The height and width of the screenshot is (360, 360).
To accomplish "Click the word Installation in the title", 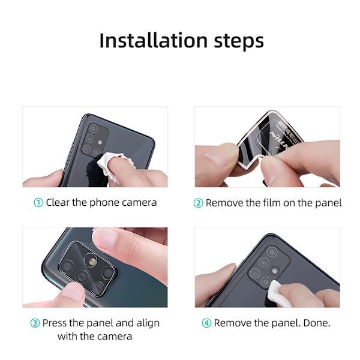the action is (x=154, y=41).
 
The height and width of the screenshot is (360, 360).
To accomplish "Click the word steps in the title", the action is (x=239, y=42).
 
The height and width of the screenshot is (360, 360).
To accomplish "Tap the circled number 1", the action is (x=38, y=203).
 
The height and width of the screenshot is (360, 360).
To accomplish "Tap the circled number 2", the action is (x=199, y=203).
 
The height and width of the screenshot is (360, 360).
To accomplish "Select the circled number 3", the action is (x=35, y=323).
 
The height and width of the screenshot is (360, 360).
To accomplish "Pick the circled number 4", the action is (x=206, y=323).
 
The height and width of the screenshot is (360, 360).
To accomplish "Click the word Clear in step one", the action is (x=58, y=203).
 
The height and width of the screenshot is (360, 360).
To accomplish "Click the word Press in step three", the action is (x=55, y=323).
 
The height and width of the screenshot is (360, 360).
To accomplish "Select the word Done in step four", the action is (x=317, y=323).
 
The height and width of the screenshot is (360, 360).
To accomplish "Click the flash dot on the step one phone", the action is (x=100, y=142).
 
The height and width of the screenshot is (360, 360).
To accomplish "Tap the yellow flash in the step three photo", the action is (x=92, y=261).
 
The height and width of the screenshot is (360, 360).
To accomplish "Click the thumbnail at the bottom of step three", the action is (x=71, y=293).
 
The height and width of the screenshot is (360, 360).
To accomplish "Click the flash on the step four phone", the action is (x=275, y=271).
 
